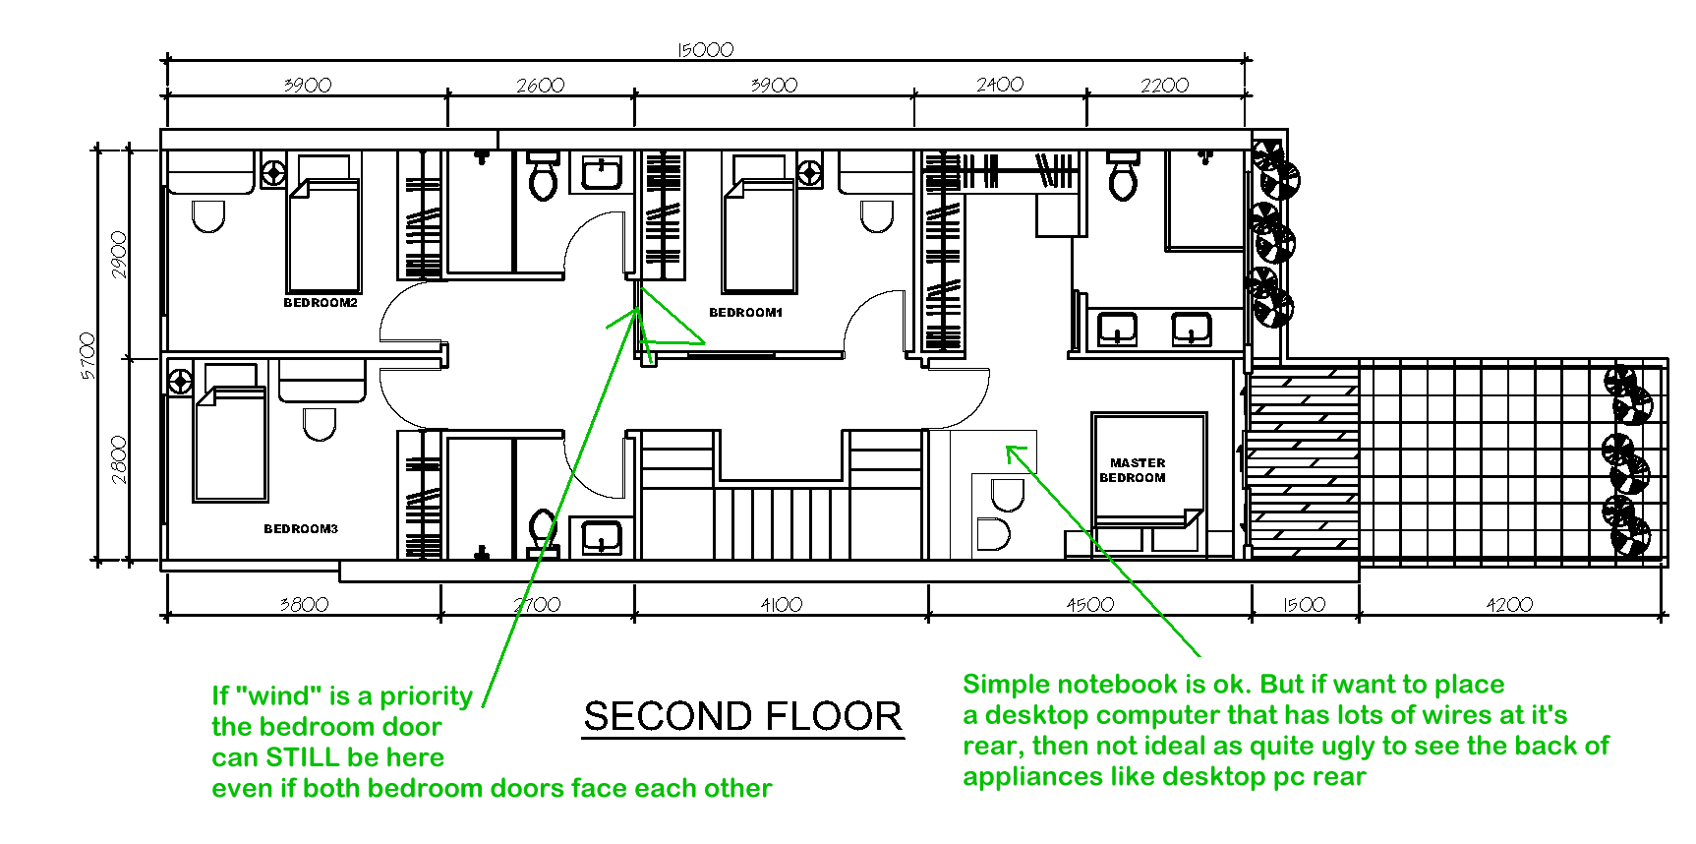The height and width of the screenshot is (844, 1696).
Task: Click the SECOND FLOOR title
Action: [742, 716]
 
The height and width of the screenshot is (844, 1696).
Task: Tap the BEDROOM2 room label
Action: [321, 303]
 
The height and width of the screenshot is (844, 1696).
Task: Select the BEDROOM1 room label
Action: [746, 313]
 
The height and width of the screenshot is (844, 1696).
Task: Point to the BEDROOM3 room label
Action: [301, 529]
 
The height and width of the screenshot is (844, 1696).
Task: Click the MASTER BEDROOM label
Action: [1134, 470]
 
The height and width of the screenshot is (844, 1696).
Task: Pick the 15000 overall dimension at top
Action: [706, 49]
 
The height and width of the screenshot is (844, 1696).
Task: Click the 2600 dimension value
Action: [541, 86]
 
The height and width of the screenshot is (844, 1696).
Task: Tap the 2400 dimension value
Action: [1000, 85]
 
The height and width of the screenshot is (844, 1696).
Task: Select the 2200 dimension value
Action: [1165, 86]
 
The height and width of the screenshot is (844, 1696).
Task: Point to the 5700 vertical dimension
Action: [88, 356]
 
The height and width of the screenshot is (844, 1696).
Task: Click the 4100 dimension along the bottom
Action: [782, 604]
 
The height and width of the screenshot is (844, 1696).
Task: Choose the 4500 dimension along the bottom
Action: [1090, 604]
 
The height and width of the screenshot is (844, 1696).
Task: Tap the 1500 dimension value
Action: [1305, 604]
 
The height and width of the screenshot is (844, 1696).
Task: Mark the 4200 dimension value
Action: [1509, 604]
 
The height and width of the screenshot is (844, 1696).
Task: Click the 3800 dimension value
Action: [304, 604]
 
